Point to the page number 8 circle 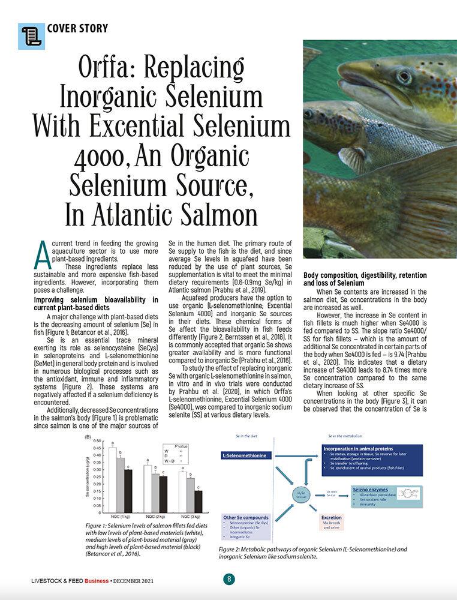pyautogui.click(x=228, y=580)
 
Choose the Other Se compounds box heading pyautogui.click(x=245, y=517)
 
